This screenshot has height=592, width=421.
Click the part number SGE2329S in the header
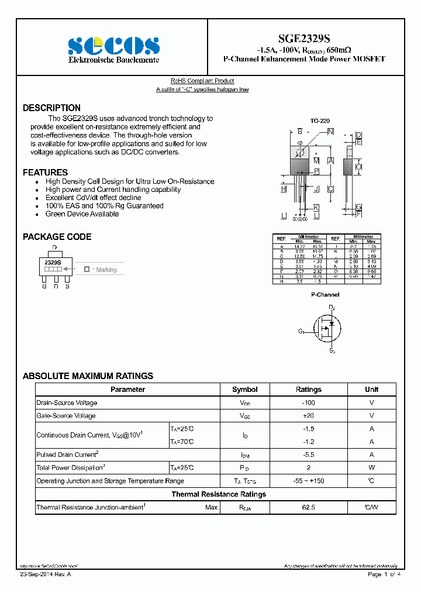(304, 39)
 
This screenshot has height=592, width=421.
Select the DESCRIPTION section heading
(51, 108)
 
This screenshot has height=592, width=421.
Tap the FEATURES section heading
(45, 173)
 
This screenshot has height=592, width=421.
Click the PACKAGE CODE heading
(57, 237)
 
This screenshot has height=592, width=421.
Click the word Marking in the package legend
(106, 270)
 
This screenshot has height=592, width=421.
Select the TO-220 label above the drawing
(319, 120)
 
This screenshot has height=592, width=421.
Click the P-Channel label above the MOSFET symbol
(325, 295)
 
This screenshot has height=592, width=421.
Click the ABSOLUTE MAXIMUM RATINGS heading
(88, 376)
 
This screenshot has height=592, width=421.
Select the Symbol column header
(244, 390)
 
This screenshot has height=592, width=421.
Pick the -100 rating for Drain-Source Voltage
(308, 403)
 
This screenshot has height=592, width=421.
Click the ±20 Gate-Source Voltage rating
(308, 416)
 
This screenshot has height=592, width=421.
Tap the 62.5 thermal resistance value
(308, 508)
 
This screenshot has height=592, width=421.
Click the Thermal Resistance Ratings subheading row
(218, 494)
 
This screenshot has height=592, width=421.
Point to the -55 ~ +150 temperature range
(308, 481)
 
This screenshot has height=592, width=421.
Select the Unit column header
(371, 390)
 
